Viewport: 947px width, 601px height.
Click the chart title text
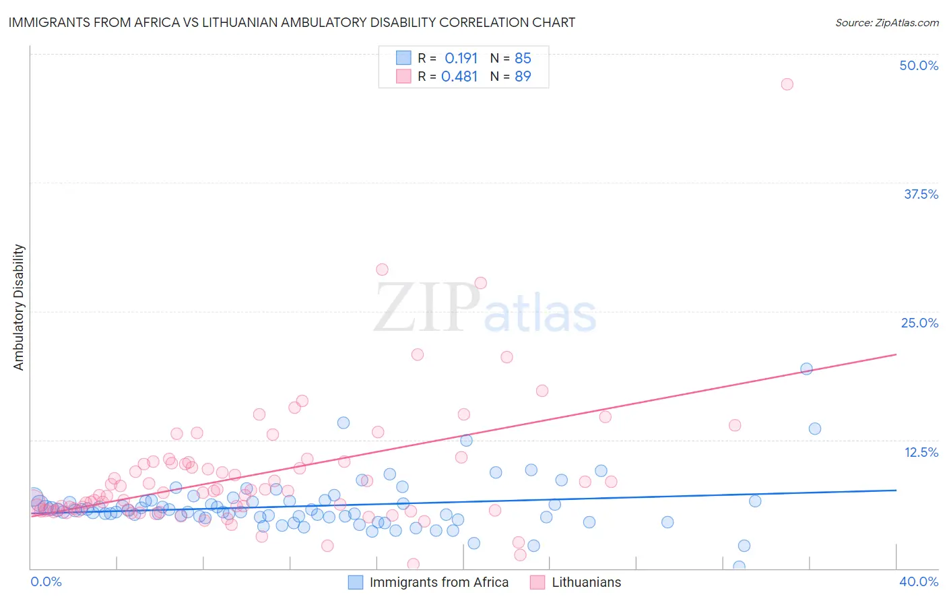(292, 22)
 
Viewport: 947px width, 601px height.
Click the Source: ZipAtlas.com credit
(886, 22)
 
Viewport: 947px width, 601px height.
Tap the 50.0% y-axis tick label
(919, 65)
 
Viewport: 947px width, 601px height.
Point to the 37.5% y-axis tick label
(921, 194)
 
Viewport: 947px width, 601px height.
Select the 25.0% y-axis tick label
(919, 323)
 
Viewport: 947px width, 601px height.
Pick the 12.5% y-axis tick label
(921, 452)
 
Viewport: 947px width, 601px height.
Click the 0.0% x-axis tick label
(46, 581)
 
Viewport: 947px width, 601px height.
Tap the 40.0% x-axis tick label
(919, 581)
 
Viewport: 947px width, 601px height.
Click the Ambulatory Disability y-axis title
(19, 307)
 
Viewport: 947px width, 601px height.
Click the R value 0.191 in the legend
(461, 59)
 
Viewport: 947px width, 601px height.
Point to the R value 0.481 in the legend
(459, 77)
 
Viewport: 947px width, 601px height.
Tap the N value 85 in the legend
(523, 59)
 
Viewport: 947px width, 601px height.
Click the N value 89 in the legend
(523, 77)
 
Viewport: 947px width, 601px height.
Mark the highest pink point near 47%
(787, 84)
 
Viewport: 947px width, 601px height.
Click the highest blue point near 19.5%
(806, 369)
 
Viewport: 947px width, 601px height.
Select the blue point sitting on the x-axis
(739, 567)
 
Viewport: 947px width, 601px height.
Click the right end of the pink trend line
(896, 354)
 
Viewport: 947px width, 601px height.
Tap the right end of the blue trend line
(896, 491)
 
